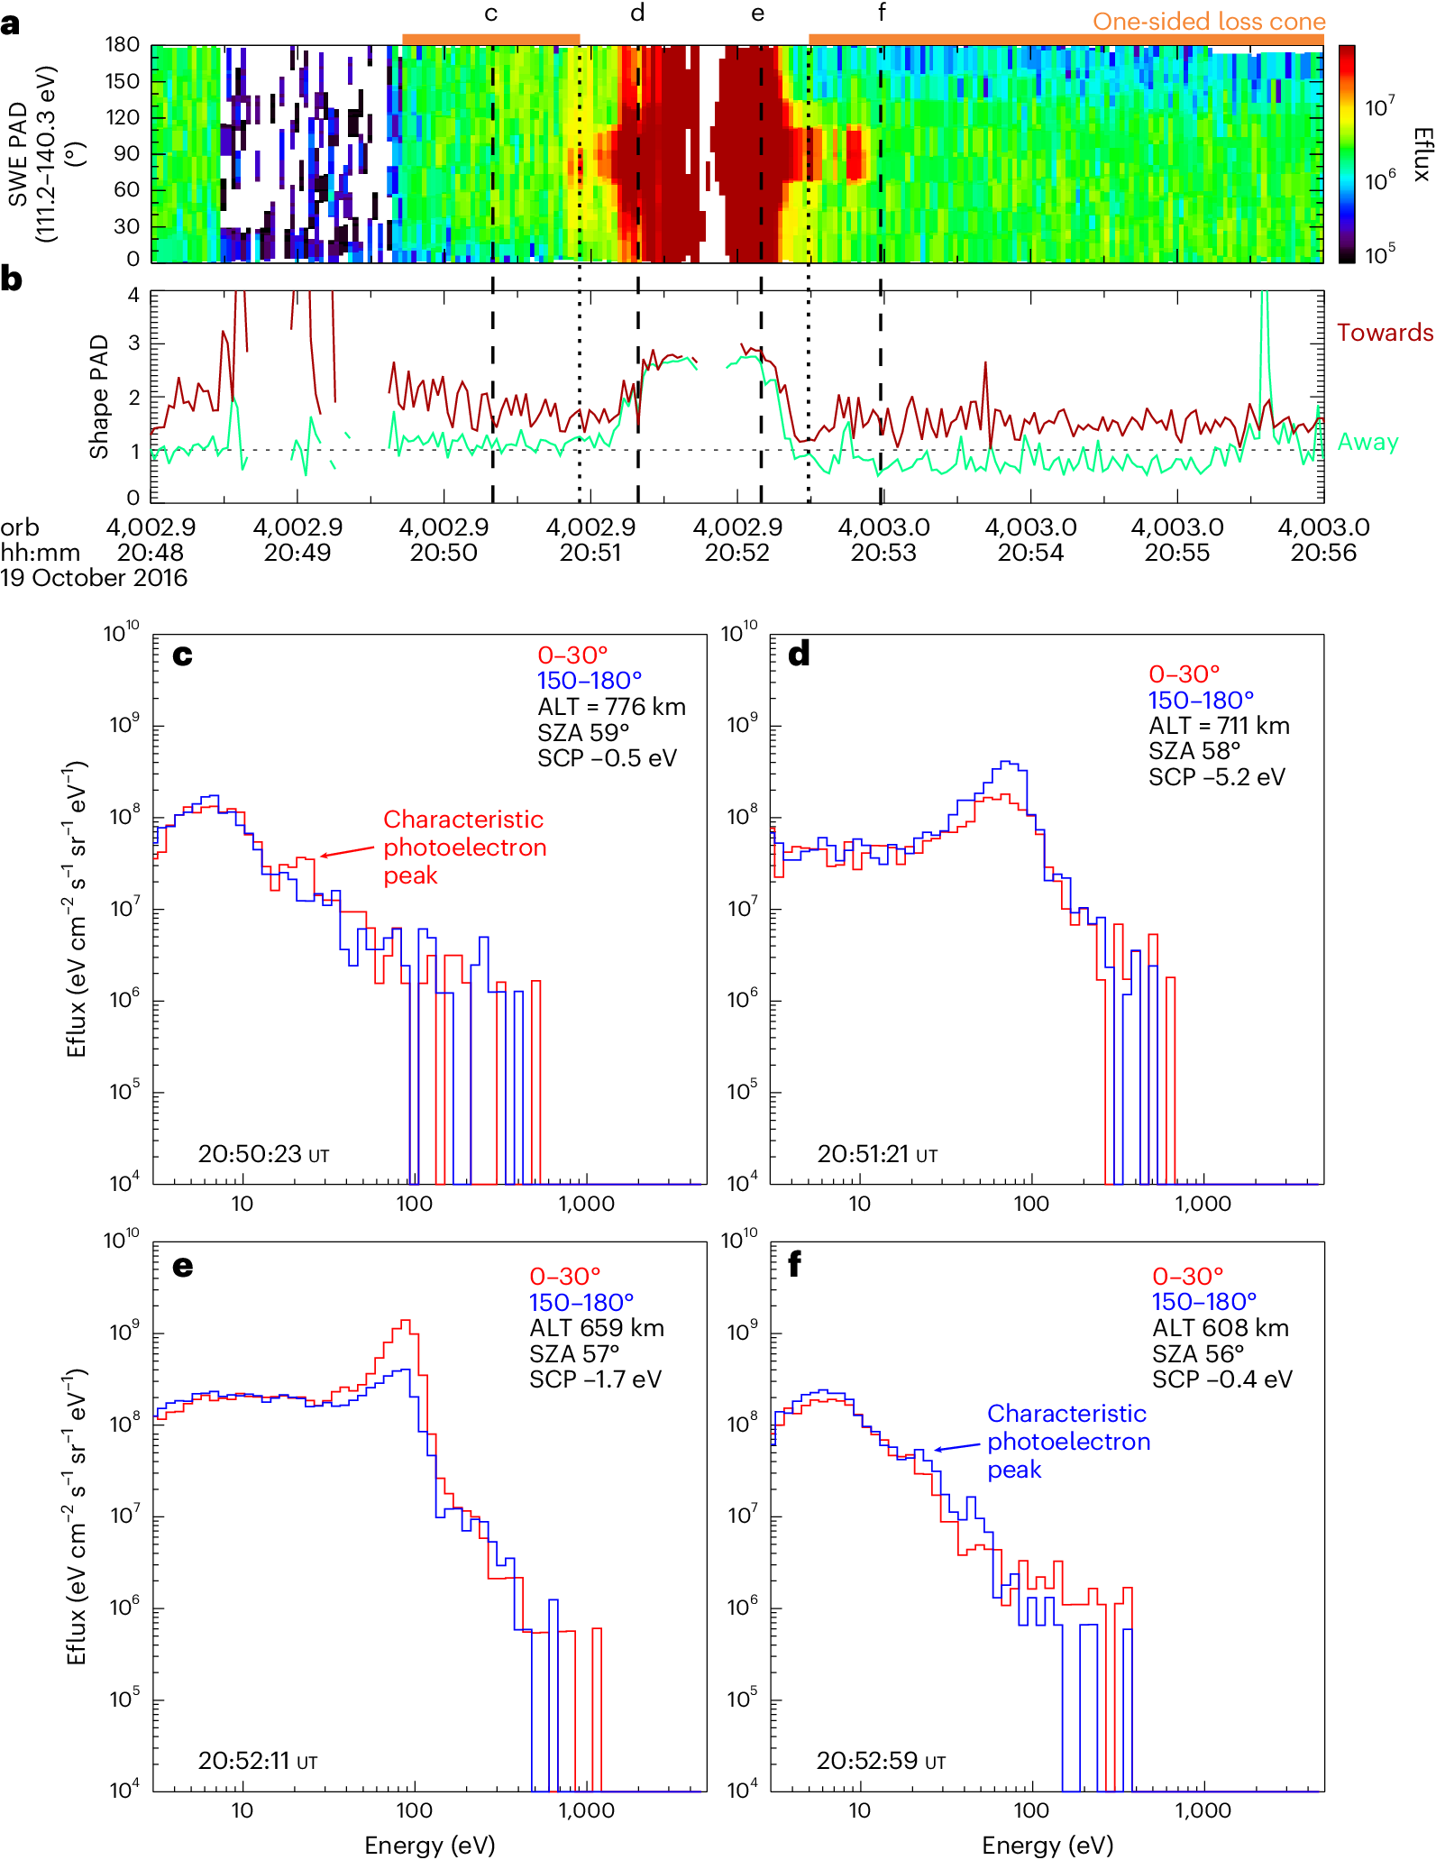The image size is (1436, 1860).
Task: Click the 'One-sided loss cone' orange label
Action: point(1208,21)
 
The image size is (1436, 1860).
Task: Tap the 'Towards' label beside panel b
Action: point(1384,333)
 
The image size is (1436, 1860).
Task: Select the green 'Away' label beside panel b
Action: point(1367,442)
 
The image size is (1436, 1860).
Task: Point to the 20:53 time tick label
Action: point(883,553)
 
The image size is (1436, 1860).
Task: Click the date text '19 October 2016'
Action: point(94,578)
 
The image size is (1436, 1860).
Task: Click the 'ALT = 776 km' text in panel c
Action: point(611,707)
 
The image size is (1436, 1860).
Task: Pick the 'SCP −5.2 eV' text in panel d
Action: point(1216,777)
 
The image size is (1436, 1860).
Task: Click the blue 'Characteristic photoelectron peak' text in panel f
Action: point(1068,1442)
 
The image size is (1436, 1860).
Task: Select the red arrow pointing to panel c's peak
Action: point(347,851)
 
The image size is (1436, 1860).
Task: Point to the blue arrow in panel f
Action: point(956,1447)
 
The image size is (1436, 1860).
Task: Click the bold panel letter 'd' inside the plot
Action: point(799,655)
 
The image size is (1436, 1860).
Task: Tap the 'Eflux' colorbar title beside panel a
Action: point(1422,154)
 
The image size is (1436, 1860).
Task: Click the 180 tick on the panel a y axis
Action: point(122,44)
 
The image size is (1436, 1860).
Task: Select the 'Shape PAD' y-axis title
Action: point(98,396)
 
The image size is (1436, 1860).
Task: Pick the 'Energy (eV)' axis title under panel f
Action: point(1047,1845)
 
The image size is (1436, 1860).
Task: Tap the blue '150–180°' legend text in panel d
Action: point(1200,700)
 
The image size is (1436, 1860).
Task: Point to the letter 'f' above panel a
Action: point(882,13)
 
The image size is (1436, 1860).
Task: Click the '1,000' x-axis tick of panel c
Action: point(586,1204)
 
